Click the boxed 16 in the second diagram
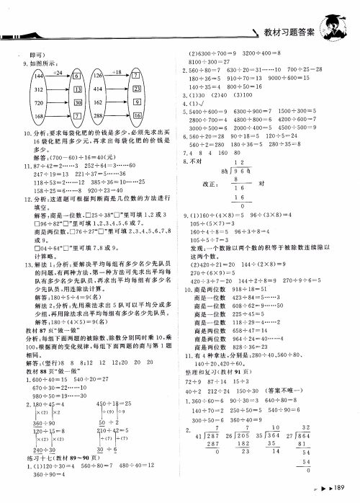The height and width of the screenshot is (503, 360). (137, 115)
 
